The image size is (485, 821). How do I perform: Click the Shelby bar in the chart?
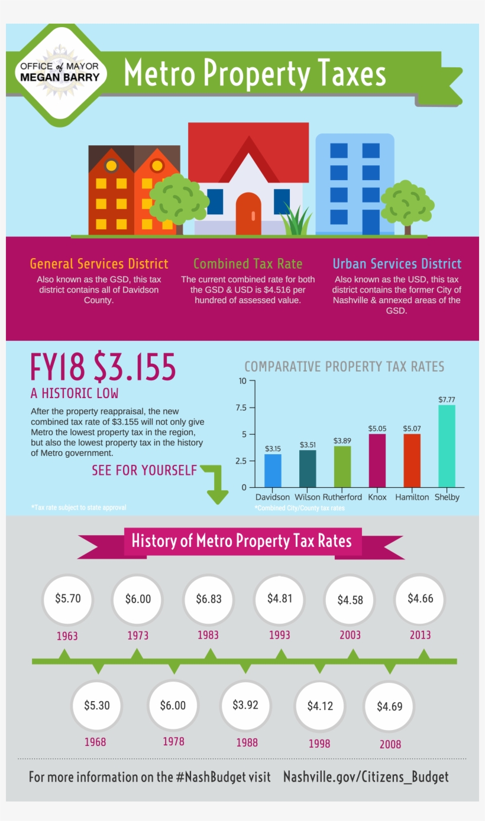(x=447, y=446)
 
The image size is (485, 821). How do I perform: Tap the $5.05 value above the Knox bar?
(x=377, y=428)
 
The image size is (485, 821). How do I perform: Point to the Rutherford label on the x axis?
(x=342, y=497)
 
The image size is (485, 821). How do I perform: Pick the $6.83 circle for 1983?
(x=208, y=599)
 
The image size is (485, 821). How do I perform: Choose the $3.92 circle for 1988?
(x=245, y=705)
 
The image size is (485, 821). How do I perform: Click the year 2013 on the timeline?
(x=420, y=635)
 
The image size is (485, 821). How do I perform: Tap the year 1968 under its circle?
(x=95, y=741)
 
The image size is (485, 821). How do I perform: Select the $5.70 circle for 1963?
(x=67, y=598)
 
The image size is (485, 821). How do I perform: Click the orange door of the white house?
(x=248, y=214)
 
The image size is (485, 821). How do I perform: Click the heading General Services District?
(x=99, y=263)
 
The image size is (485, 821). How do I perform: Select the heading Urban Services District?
(x=397, y=263)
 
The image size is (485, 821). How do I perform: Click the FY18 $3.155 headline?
(x=104, y=367)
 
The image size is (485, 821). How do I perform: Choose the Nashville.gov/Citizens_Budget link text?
(x=366, y=777)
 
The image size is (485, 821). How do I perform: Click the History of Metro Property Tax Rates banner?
(x=241, y=540)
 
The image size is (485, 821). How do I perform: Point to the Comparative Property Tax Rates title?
(x=344, y=367)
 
